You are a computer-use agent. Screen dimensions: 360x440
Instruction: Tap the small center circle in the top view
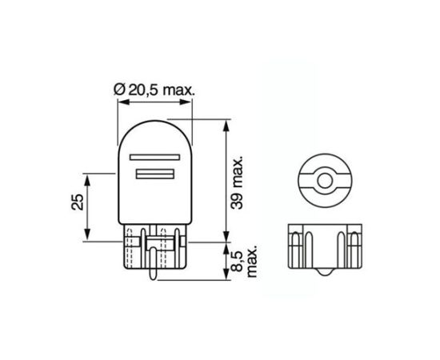(x=323, y=180)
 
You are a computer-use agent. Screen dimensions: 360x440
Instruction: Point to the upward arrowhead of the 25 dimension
(x=89, y=177)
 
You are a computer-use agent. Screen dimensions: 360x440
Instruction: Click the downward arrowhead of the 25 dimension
(x=89, y=236)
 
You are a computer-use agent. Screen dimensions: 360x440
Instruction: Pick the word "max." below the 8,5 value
(x=250, y=262)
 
